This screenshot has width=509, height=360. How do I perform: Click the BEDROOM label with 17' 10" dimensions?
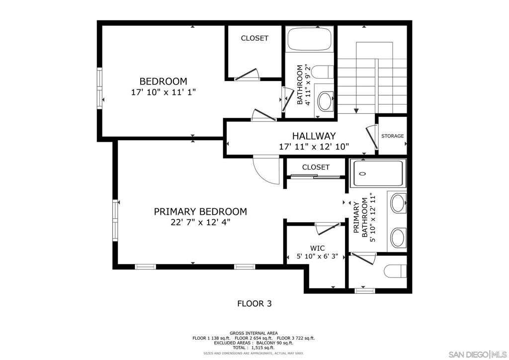click(x=163, y=81)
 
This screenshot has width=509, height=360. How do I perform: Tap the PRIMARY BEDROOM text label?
click(x=200, y=211)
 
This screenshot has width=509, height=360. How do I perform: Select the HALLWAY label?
click(x=314, y=136)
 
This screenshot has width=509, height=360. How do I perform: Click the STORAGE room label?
click(x=392, y=136)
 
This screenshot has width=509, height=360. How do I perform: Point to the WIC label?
click(x=317, y=248)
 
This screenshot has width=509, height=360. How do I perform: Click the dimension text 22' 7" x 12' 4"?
click(x=200, y=223)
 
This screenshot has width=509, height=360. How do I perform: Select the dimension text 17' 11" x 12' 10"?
click(x=314, y=147)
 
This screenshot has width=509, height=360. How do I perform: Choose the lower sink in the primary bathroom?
click(x=399, y=238)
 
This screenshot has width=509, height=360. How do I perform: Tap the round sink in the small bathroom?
click(x=326, y=101)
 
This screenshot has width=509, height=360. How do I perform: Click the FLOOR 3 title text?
click(x=254, y=303)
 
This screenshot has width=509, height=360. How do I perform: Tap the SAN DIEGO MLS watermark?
click(x=476, y=354)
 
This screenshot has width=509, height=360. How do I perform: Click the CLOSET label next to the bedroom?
click(x=254, y=38)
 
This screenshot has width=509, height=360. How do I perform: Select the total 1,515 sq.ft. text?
click(x=254, y=348)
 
